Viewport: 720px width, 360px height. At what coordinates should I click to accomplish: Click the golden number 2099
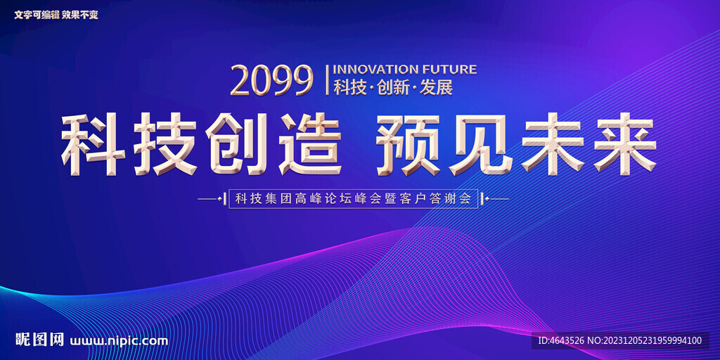tap(272, 80)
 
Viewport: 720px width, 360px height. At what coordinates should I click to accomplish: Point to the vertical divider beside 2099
tap(327, 80)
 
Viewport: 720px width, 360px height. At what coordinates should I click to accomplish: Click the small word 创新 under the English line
tap(392, 87)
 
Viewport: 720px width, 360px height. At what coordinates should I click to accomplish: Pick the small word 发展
tap(436, 87)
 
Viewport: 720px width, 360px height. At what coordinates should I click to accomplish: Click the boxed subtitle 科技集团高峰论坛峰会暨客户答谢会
tap(354, 199)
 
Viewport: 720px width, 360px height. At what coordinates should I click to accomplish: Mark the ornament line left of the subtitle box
tap(211, 199)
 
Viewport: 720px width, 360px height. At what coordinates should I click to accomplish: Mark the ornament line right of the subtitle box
tap(495, 199)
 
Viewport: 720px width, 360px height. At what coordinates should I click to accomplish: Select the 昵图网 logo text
tap(39, 340)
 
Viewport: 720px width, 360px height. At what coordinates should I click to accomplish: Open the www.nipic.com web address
tap(119, 341)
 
